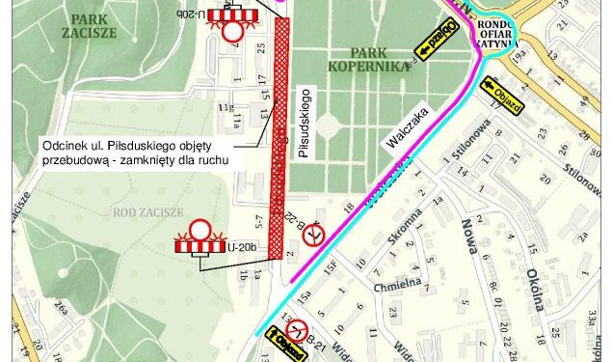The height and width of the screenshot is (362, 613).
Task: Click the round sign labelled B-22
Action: tap(312, 236)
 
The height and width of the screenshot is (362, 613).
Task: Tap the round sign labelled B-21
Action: tap(300, 331)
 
